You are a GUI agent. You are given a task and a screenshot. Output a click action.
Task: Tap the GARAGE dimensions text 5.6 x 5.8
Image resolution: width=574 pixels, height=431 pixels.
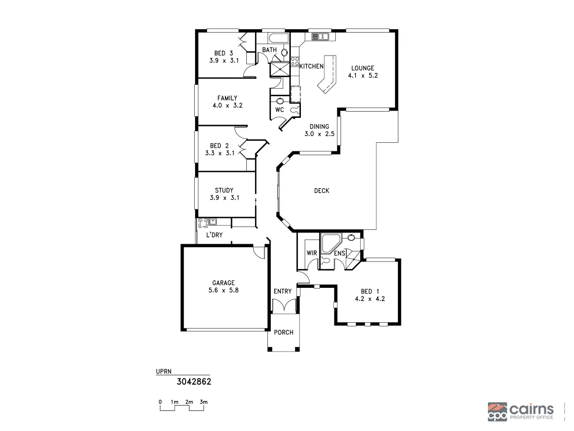tap(224, 291)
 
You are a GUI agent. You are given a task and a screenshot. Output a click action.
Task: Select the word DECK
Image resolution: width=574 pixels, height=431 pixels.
tap(321, 191)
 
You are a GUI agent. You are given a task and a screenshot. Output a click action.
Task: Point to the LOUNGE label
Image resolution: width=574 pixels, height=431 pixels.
tap(363, 68)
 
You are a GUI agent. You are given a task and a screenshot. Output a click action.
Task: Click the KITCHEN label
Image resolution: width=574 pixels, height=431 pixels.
tap(311, 67)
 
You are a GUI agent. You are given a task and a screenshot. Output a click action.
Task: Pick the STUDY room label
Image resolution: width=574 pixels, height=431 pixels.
tap(224, 190)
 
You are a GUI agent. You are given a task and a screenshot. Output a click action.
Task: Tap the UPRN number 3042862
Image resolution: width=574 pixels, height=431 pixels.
tap(194, 382)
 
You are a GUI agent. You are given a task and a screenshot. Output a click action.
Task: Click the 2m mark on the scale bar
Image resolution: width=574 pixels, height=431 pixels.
tap(189, 402)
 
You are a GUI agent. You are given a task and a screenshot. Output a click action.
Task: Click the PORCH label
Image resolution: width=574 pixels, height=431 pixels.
tap(284, 332)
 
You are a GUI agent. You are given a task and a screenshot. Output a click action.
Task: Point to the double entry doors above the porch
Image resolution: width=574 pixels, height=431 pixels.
tap(285, 305)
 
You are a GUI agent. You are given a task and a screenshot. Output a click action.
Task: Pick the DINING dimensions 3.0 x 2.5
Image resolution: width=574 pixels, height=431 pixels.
tap(319, 134)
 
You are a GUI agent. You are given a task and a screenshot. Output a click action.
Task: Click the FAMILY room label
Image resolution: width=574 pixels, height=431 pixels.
tap(227, 98)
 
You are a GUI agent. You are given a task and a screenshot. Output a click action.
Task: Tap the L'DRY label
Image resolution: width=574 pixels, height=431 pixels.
tap(214, 235)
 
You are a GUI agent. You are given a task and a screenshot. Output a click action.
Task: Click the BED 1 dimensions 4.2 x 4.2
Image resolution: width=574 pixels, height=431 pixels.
tap(370, 298)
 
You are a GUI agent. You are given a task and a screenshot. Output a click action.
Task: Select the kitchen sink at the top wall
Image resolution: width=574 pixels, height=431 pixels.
tap(320, 37)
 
